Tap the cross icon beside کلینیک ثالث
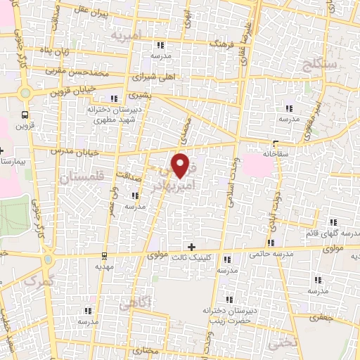[x=191, y=246]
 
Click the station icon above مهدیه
[x=104, y=255]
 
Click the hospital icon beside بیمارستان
[x=3, y=150]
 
